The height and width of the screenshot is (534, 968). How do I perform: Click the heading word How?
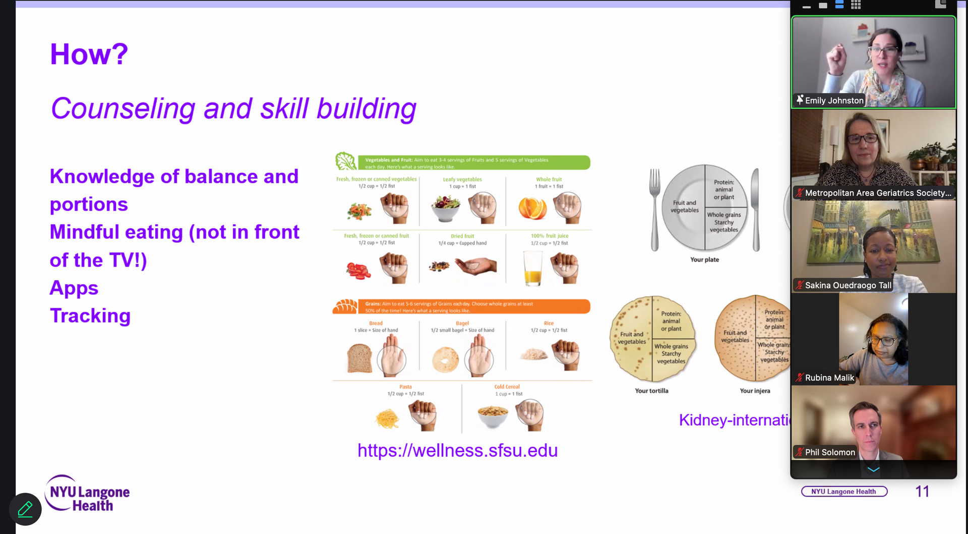click(89, 55)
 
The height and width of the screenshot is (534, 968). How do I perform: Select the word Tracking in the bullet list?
click(90, 316)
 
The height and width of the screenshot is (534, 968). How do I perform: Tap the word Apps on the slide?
click(74, 288)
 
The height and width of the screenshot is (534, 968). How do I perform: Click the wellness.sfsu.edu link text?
click(457, 450)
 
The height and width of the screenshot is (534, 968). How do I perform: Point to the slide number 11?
click(922, 492)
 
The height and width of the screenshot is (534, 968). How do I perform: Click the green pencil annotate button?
click(25, 509)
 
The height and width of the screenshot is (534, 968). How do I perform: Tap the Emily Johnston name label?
click(834, 100)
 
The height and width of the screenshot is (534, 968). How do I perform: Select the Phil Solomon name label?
click(830, 452)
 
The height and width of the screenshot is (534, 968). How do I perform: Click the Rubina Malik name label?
click(829, 378)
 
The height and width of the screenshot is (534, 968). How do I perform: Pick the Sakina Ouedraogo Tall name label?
click(848, 285)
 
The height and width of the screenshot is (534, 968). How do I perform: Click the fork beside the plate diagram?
click(654, 209)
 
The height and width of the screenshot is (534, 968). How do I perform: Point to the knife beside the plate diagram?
click(755, 209)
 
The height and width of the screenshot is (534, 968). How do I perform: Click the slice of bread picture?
click(359, 358)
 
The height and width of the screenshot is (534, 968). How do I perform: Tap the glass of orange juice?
click(533, 269)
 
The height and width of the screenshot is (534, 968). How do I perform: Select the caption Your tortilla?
click(651, 391)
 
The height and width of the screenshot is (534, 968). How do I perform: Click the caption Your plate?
click(704, 259)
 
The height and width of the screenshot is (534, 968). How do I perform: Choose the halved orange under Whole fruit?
click(532, 208)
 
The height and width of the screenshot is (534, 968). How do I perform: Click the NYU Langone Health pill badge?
click(844, 492)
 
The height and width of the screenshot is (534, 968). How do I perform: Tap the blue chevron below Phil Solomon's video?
click(873, 469)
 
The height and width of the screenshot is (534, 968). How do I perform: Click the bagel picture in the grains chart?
click(446, 360)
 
